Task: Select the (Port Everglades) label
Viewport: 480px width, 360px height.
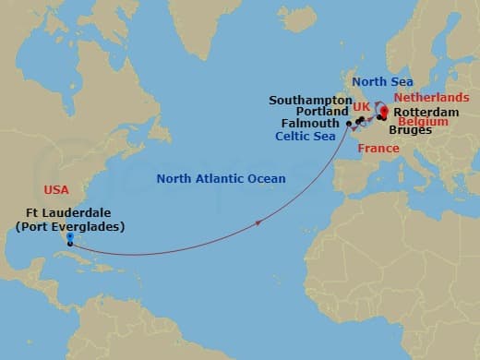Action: (x=69, y=227)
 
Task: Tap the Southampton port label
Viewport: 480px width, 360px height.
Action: (x=310, y=100)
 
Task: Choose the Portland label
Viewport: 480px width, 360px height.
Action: (x=324, y=111)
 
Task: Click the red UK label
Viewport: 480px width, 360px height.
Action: (x=361, y=108)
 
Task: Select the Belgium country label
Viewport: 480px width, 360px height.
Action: (x=423, y=122)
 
